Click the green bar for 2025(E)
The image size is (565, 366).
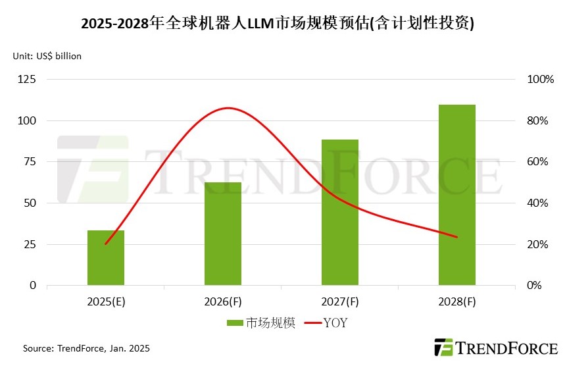point(106,258)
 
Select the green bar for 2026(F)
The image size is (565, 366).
point(223,234)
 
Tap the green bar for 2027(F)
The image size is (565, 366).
point(340,213)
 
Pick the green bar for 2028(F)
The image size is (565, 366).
point(457,195)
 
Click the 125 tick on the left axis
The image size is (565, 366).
point(28,80)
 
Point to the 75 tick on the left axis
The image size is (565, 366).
point(31,162)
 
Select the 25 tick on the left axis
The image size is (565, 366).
point(31,244)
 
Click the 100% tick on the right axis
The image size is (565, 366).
point(541,80)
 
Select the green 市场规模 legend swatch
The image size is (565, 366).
point(235,323)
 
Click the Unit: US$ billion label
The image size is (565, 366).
point(47,57)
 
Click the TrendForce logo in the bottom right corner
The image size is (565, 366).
point(495,348)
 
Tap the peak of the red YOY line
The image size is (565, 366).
point(228,108)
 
